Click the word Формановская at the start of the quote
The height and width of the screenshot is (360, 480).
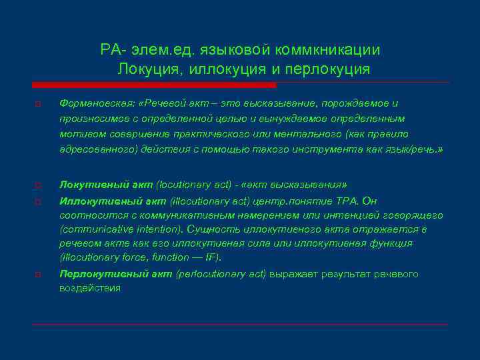click(90, 104)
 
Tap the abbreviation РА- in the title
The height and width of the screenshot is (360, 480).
click(111, 50)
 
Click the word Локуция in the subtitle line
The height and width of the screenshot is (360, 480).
click(150, 69)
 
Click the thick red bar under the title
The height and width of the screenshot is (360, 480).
click(154, 85)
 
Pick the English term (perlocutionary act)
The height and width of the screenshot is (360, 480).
click(219, 274)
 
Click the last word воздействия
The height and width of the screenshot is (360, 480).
click(90, 288)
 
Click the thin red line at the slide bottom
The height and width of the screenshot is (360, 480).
click(240, 325)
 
